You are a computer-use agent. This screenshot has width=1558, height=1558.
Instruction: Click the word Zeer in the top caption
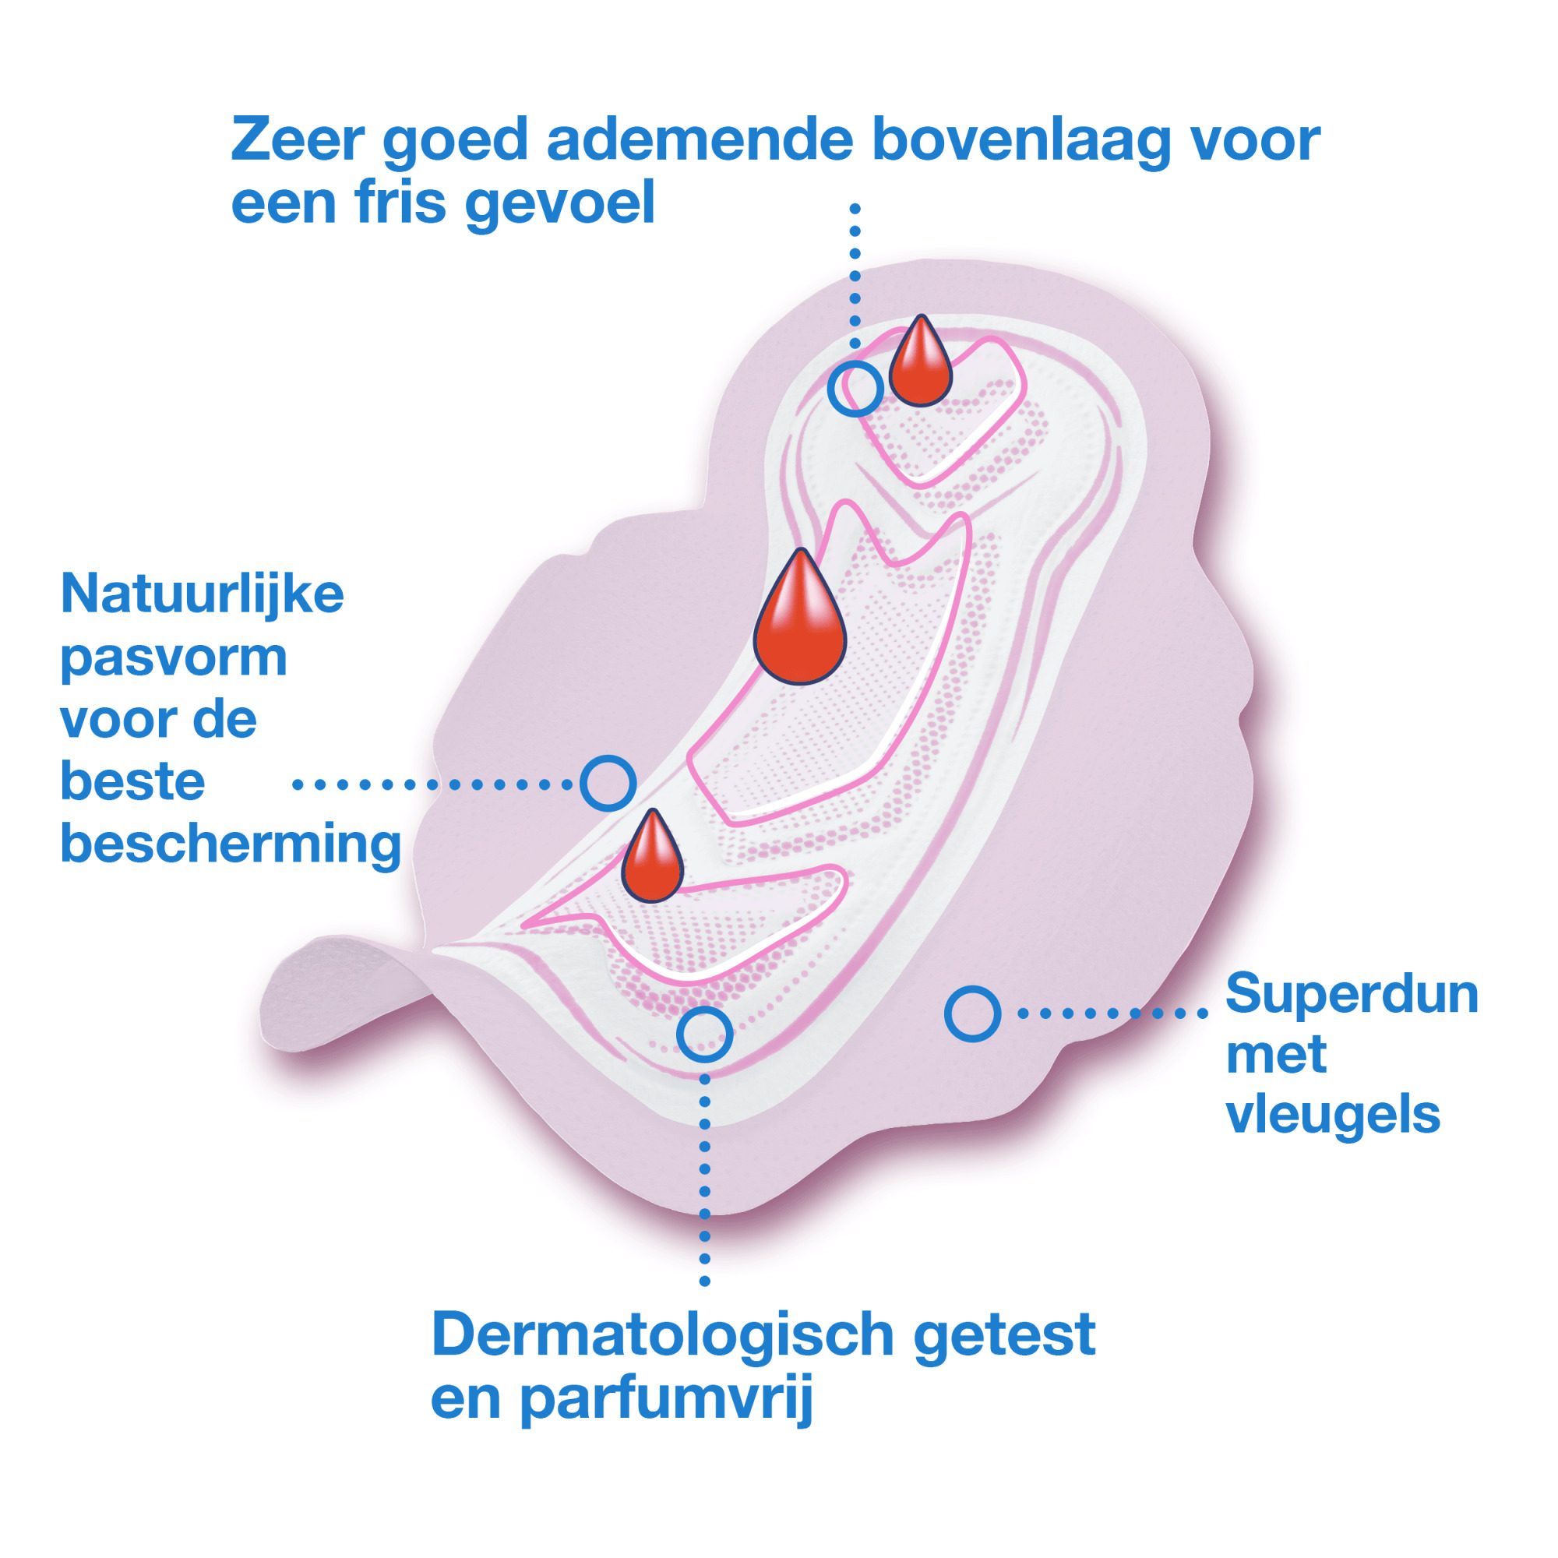[x=298, y=139]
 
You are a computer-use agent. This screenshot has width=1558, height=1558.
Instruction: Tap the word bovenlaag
[x=1022, y=141]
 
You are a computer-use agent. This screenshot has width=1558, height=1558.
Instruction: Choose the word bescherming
[x=231, y=846]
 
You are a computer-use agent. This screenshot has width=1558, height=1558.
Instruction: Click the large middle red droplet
[x=799, y=617]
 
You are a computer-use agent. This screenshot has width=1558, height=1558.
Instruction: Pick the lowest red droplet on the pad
[x=651, y=856]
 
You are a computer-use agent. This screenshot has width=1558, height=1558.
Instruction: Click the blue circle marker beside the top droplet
[x=855, y=389]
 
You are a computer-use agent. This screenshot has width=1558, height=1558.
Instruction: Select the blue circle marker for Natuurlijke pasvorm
[x=608, y=783]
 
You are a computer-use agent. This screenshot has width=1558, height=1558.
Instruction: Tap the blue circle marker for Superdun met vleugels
[x=972, y=1013]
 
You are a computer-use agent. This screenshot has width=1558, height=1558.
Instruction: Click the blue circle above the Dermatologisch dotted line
[x=704, y=1034]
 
